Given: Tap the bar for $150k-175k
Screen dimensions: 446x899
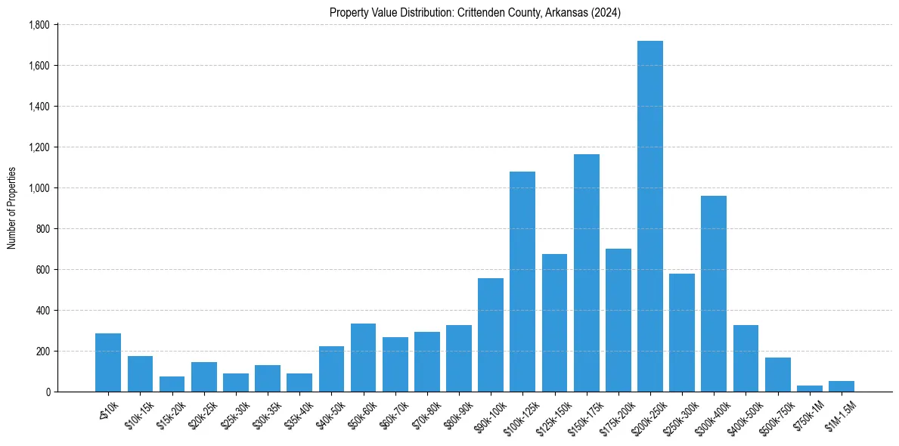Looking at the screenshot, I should click(x=587, y=273).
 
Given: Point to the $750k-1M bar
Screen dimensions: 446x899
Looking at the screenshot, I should click(x=810, y=388).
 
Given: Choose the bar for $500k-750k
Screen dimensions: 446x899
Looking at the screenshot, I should click(x=778, y=374).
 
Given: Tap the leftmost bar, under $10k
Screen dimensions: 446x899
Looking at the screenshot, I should click(x=108, y=362).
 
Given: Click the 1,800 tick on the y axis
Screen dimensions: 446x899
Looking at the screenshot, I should click(x=39, y=25).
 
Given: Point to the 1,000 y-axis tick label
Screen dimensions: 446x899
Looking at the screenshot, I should click(x=39, y=188).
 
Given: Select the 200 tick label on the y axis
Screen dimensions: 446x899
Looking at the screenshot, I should click(x=42, y=352).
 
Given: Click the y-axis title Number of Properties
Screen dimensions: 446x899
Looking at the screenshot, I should click(x=12, y=208).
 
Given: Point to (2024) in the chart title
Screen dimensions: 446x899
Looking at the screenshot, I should click(x=607, y=12).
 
